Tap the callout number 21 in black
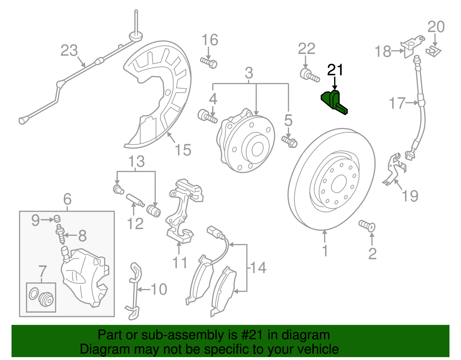(x=335, y=70)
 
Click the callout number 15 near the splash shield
(x=183, y=150)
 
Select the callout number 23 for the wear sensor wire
(x=69, y=51)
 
